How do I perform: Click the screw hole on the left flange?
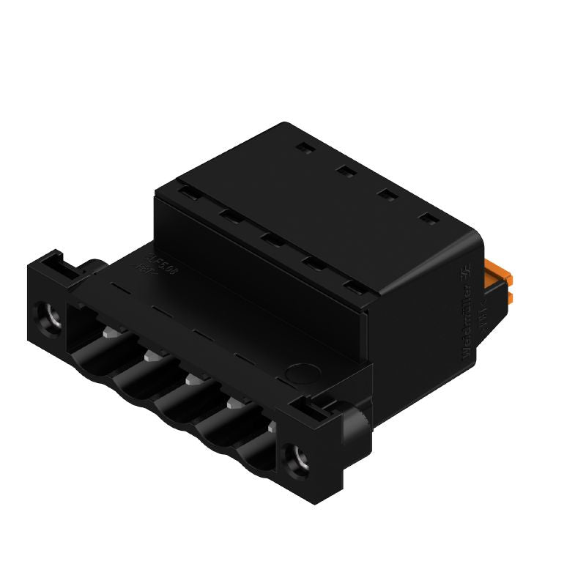point(50,316)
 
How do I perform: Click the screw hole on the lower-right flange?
point(300,459)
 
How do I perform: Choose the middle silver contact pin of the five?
point(192,379)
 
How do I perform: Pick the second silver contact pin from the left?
point(151,357)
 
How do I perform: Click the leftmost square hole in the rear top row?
point(303,148)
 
